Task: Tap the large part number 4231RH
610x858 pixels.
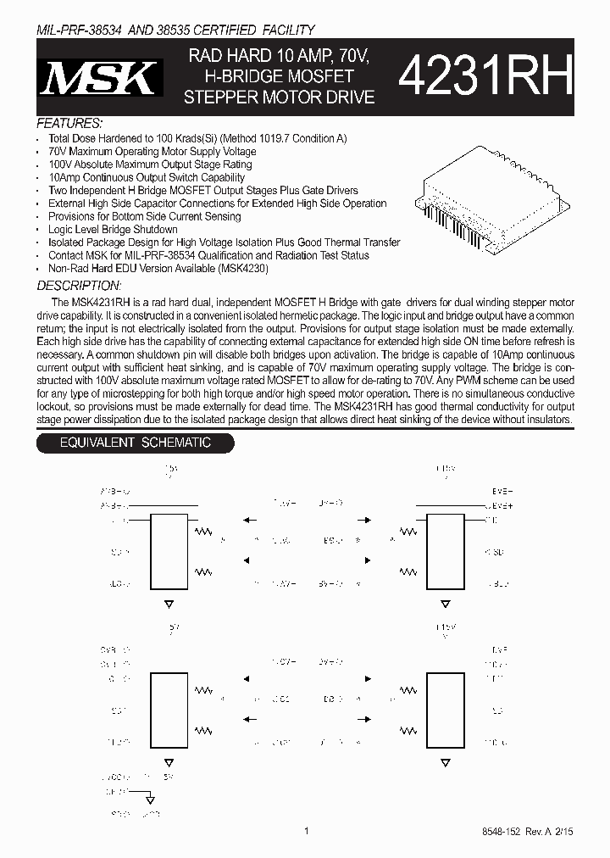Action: (485, 79)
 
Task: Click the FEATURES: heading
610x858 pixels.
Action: (70, 123)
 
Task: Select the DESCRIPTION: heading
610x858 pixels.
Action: (79, 286)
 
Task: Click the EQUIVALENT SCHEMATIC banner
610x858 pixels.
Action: (134, 443)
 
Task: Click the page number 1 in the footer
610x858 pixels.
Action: (306, 833)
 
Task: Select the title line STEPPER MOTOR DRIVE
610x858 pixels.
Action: (280, 97)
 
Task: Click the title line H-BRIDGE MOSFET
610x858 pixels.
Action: (280, 77)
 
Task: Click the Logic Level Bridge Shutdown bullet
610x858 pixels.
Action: (113, 230)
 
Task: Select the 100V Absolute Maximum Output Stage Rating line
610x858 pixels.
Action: (150, 164)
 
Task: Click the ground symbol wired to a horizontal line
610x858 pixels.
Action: (149, 799)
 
